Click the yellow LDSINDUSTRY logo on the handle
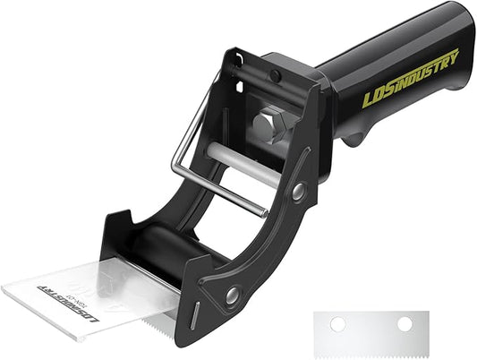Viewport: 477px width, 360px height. pos(411,79)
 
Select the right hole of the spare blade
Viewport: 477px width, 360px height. pos(405,323)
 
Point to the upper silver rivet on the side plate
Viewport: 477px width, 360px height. pos(297,190)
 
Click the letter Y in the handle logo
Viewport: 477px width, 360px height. pos(454,58)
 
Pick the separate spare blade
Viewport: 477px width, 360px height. pos(372,330)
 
